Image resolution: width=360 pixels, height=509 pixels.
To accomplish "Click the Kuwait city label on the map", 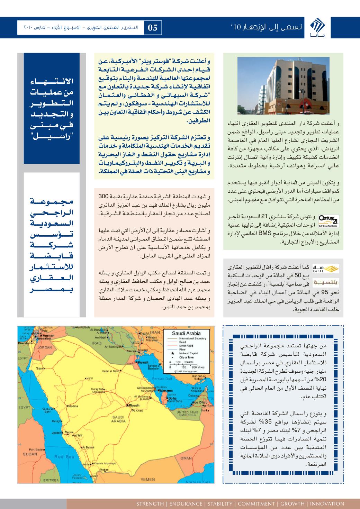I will (143, 362).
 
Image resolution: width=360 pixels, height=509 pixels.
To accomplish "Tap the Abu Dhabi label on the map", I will (200, 402).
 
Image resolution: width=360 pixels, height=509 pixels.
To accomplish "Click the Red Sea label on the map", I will (64, 457).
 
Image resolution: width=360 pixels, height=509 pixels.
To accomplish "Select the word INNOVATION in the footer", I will (327, 503).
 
